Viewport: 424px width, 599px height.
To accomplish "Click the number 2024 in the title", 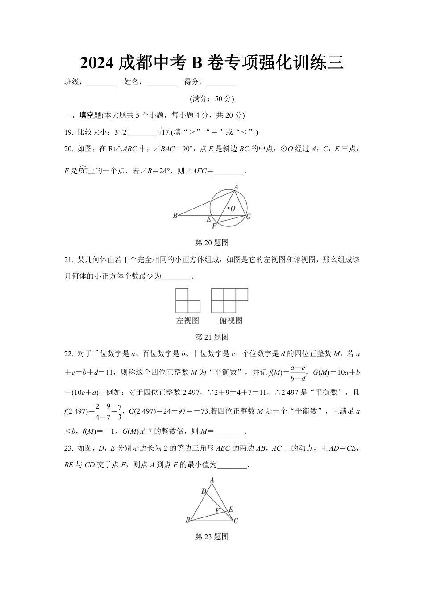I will tap(97, 63).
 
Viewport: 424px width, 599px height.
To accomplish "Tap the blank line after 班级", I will tap(101, 83).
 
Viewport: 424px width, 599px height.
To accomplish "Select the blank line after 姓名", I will tap(161, 83).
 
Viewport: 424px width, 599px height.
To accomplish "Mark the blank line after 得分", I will tap(221, 83).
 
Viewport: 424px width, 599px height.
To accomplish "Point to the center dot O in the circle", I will tap(228, 207).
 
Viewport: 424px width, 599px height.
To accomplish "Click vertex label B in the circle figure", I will tap(175, 216).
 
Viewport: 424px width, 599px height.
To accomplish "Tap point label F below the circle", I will tap(214, 226).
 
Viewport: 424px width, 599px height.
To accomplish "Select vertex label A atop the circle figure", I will tap(236, 187).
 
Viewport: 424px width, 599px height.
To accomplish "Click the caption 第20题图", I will tap(212, 242).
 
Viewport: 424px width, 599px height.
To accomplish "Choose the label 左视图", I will tap(187, 320).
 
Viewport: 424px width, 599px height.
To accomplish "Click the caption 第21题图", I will tap(212, 337).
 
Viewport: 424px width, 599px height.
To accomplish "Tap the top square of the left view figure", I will tap(182, 295).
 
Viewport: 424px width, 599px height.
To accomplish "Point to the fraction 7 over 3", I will tap(119, 412).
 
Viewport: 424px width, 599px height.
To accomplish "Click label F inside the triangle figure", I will tap(217, 510).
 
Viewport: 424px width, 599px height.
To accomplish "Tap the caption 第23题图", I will tap(212, 537).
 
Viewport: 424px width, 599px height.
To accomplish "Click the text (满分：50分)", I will tap(212, 99).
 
